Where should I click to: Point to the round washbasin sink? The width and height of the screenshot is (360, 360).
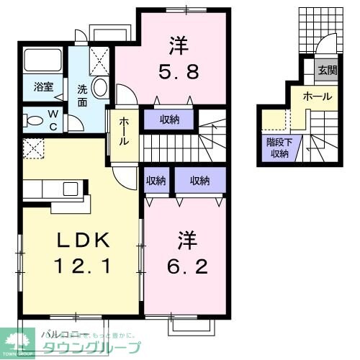point(100,89)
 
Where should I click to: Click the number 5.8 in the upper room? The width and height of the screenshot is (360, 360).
point(179,72)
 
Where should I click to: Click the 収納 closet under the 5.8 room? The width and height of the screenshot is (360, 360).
point(170,120)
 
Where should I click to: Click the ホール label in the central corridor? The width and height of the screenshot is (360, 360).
point(124,131)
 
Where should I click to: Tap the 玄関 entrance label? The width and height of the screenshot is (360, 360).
point(328,71)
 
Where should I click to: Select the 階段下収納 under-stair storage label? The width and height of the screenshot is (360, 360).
point(278,148)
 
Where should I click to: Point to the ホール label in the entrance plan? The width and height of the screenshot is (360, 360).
point(317,95)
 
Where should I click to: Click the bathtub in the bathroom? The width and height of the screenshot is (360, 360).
point(43,63)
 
